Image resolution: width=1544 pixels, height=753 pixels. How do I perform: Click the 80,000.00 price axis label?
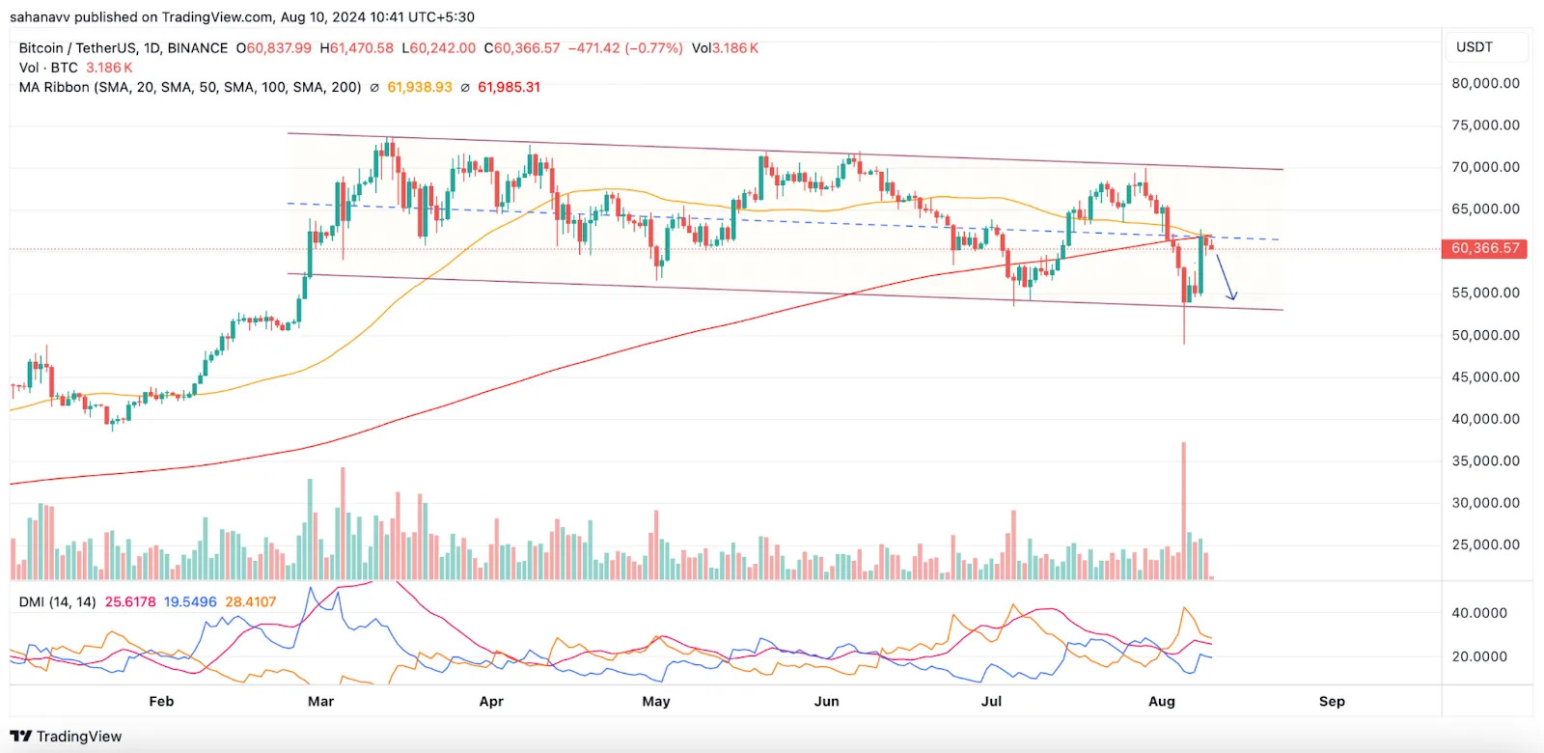1485,83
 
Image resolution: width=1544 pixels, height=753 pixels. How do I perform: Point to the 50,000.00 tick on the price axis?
1485,335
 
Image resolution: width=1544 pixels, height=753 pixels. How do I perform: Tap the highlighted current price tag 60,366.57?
1485,248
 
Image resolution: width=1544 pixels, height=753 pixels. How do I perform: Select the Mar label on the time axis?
320,701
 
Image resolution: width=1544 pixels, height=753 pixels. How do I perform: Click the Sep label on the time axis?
1332,701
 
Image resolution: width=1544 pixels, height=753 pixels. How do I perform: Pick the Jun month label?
826,701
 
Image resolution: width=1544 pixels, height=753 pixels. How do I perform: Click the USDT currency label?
1475,47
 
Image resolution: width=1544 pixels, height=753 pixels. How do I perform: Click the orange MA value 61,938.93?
420,87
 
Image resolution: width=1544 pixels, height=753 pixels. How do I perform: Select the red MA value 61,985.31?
509,87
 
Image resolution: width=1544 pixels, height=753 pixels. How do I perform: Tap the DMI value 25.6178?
130,601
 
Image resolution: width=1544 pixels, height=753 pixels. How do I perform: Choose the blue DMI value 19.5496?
190,601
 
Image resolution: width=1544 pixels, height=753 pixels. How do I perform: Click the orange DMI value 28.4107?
251,601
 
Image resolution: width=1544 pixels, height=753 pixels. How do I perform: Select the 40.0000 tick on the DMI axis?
1479,613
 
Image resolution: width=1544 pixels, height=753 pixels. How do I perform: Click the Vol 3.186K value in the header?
725,47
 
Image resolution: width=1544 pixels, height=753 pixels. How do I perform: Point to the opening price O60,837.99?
274,47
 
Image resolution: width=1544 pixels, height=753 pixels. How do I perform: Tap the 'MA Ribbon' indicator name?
54,87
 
